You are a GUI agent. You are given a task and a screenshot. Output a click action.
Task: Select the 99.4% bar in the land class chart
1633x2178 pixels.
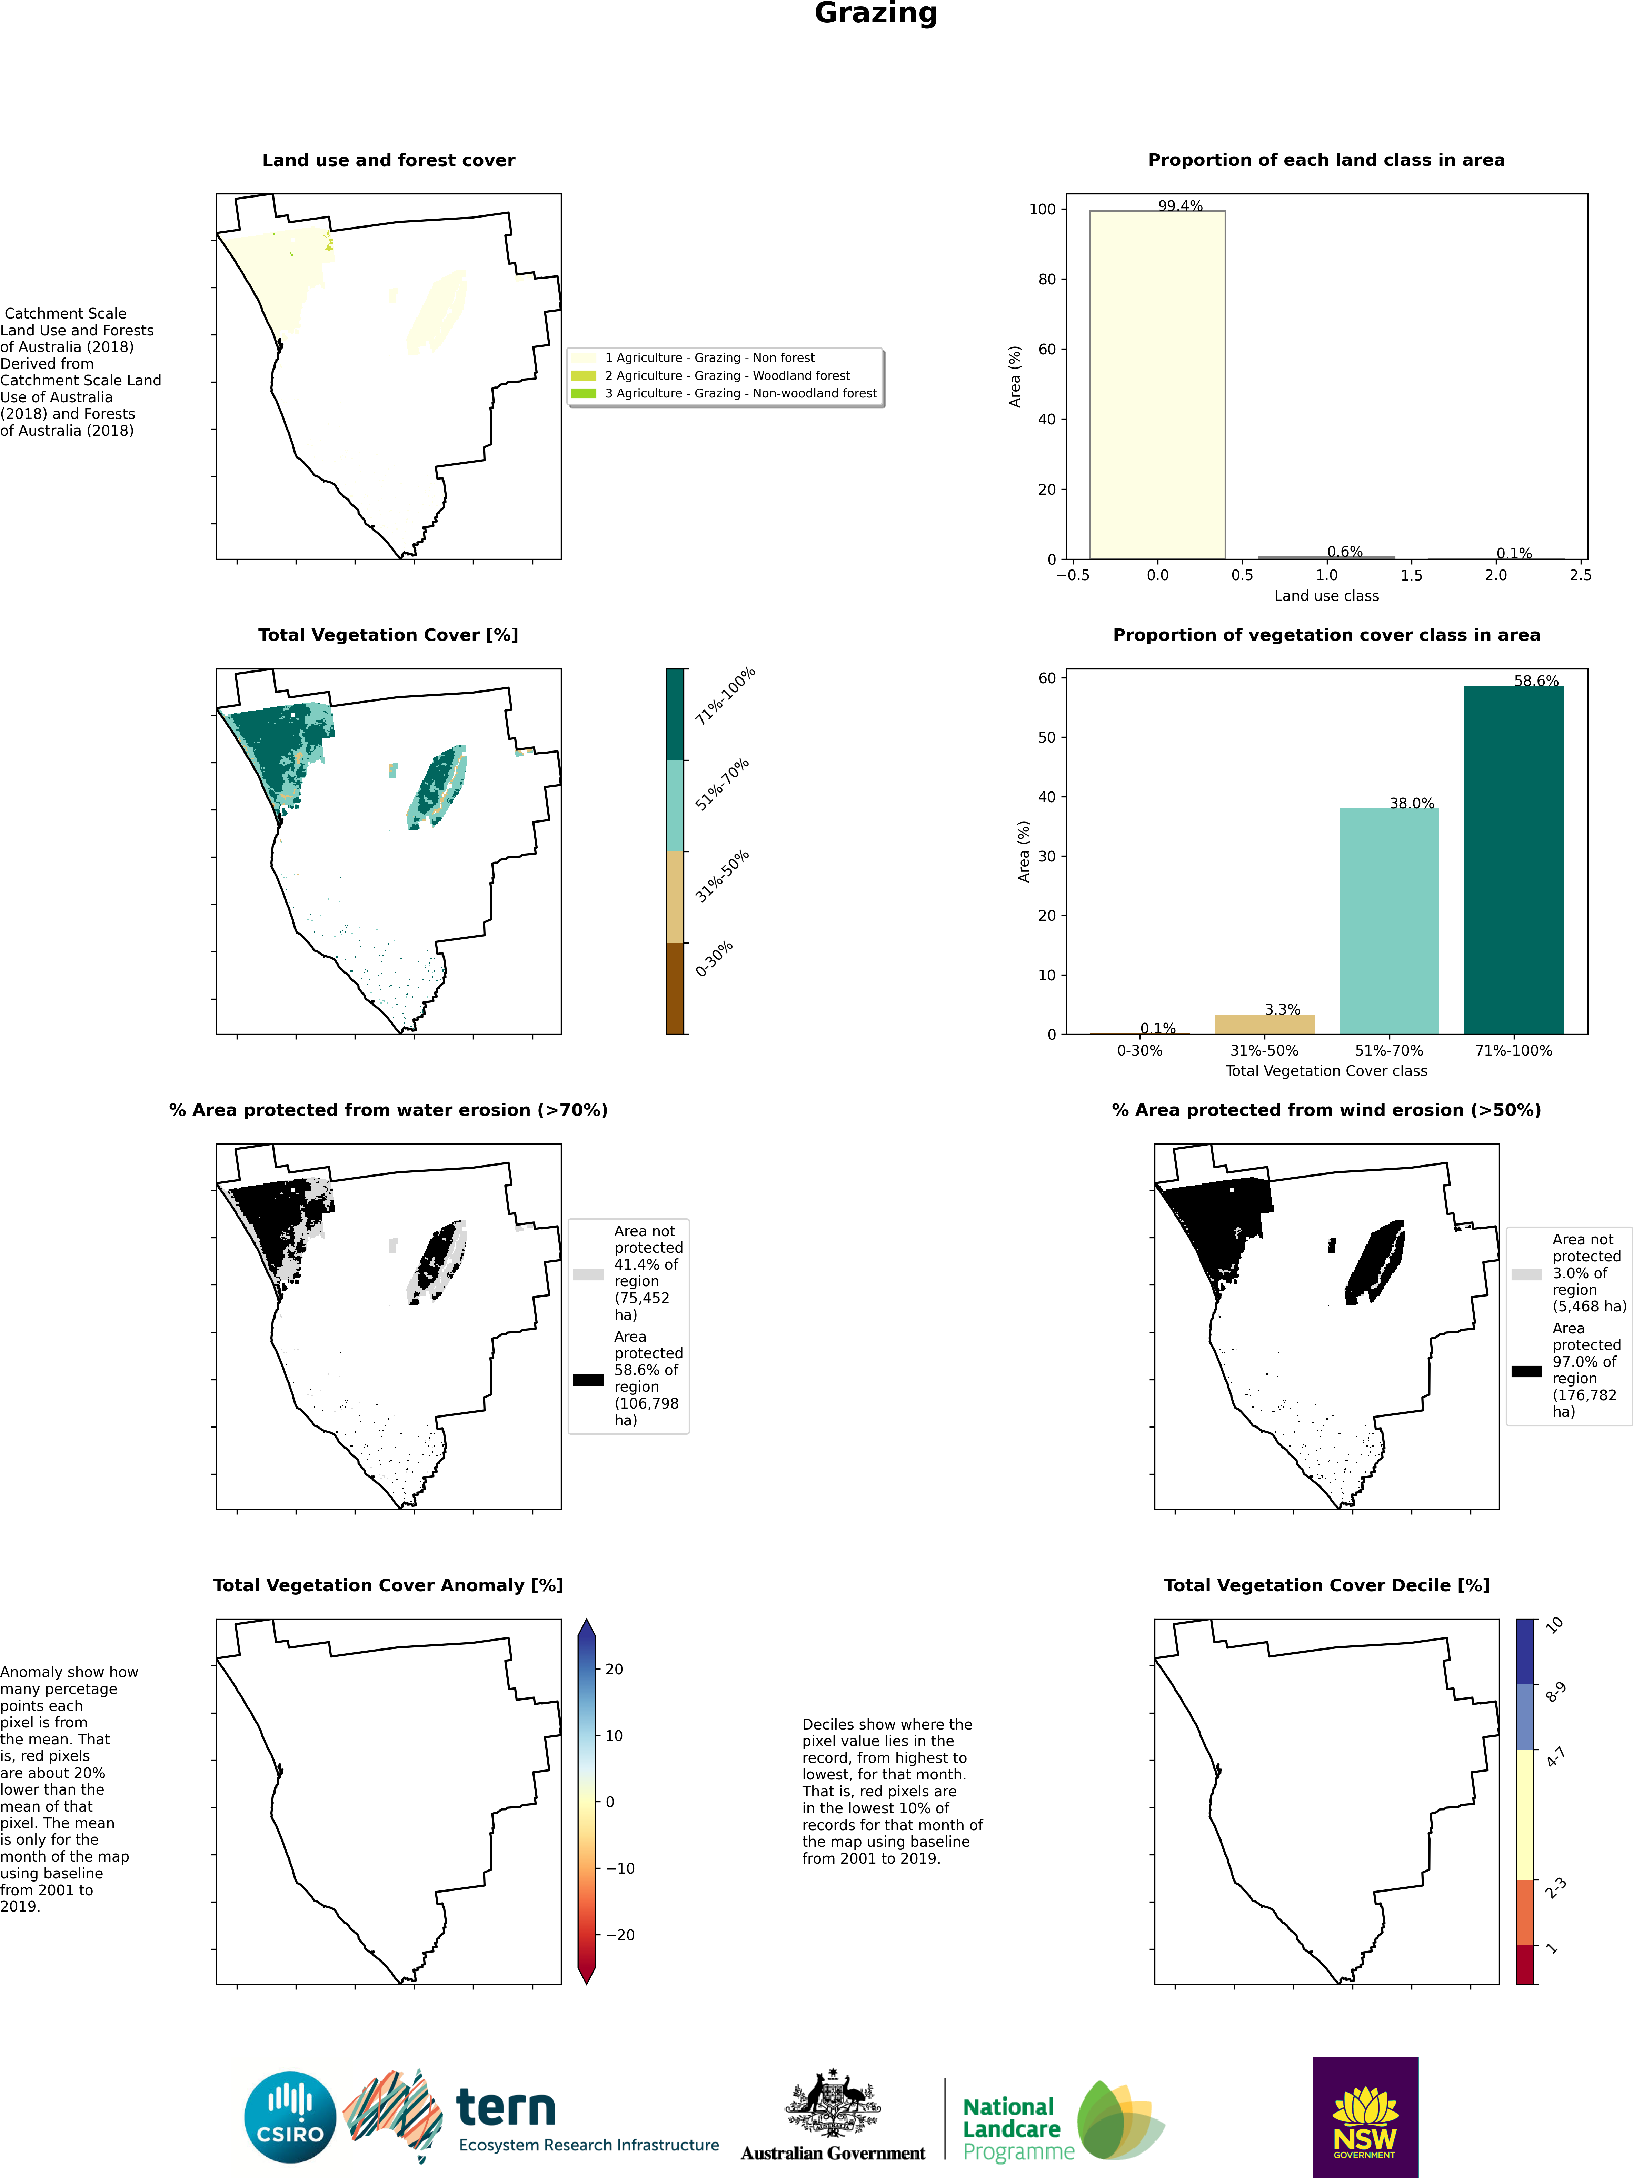[1157, 384]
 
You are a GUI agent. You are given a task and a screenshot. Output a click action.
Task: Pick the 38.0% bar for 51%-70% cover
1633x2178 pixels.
[1389, 921]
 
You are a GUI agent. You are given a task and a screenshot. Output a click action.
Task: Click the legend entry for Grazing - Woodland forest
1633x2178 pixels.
[727, 375]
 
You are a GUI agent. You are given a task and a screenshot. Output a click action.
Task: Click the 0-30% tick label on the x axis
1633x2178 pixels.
[1139, 1051]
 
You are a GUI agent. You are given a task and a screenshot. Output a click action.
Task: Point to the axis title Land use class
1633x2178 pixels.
[1326, 596]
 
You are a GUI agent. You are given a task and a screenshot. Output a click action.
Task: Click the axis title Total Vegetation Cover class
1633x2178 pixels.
[1326, 1070]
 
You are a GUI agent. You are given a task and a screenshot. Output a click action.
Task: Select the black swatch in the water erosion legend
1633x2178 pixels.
[588, 1380]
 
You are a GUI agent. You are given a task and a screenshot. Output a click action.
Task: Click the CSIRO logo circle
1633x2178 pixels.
[290, 2117]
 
